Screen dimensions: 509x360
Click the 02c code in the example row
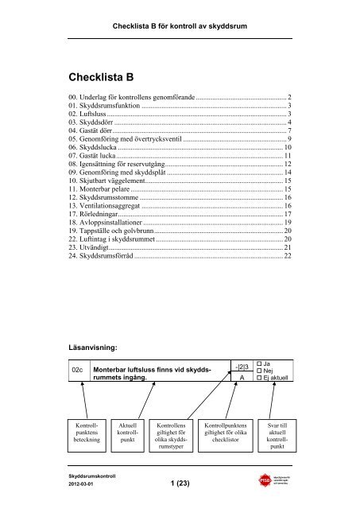coord(78,370)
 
